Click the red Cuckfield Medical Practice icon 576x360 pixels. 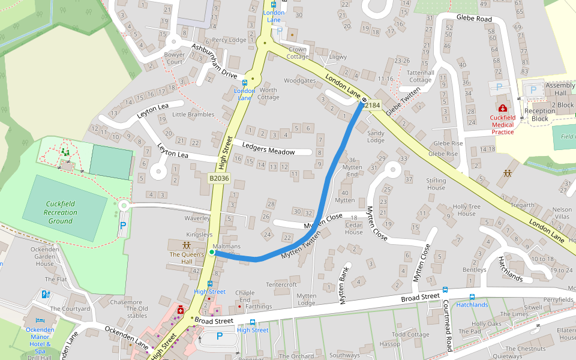point(502,109)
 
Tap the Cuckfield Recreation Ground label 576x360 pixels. point(61,212)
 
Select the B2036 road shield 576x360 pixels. point(219,178)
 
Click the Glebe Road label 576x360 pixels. point(474,19)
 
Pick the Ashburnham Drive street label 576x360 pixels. point(214,61)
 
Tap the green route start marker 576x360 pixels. point(212,253)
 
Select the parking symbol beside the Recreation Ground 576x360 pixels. point(123,226)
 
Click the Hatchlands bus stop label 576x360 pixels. point(472,305)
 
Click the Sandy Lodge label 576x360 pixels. point(376,136)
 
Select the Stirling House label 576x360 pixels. point(436,184)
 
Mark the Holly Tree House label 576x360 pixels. point(467,210)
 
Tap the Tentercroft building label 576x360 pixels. point(281,284)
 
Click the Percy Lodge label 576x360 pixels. point(229,40)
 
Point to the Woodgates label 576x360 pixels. point(299,80)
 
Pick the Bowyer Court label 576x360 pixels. point(174,58)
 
